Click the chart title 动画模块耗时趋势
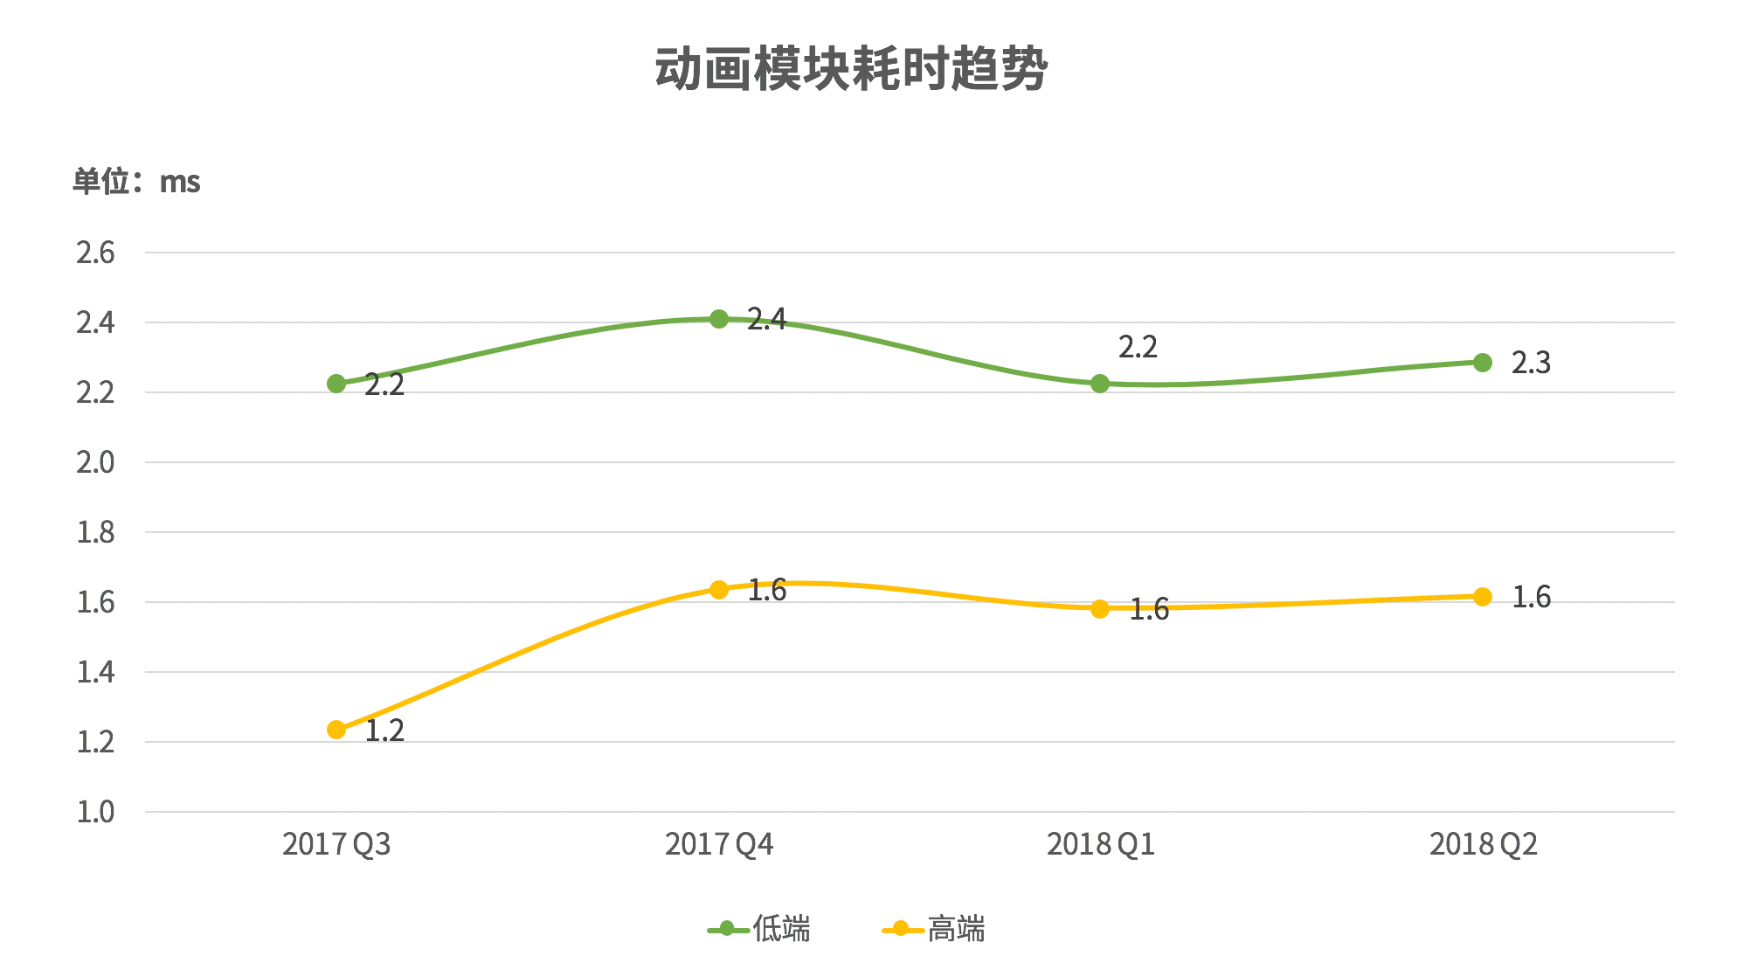pos(851,69)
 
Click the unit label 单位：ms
pos(136,182)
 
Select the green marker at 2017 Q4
pos(719,319)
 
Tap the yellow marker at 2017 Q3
pos(336,730)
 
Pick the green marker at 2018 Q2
pos(1483,363)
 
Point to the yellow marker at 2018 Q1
pos(1100,608)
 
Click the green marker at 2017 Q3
pos(336,384)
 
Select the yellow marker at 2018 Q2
pos(1483,597)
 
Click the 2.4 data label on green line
pos(766,319)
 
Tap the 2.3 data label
pos(1531,363)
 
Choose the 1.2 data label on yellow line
pos(384,731)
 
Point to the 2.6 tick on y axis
pos(95,253)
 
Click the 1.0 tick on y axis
pos(95,812)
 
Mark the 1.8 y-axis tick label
pos(95,532)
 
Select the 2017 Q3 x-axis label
pos(336,844)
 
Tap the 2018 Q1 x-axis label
pos(1101,844)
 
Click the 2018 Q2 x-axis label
pos(1483,844)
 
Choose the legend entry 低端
pos(759,929)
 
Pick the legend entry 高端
pos(934,929)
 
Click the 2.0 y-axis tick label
pos(95,462)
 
